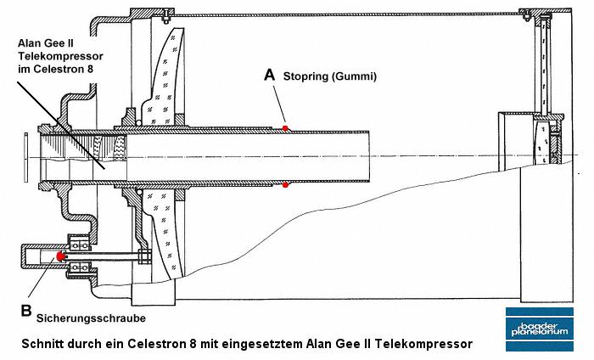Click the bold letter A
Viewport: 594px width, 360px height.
pos(270,75)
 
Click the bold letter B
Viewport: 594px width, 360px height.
pos(25,311)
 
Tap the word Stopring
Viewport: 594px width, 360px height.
pos(310,76)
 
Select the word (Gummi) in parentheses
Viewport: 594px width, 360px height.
pos(357,76)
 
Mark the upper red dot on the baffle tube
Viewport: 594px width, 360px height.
pos(286,127)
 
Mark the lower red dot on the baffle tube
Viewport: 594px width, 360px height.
pos(286,184)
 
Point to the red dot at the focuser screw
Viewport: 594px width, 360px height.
pos(59,255)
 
